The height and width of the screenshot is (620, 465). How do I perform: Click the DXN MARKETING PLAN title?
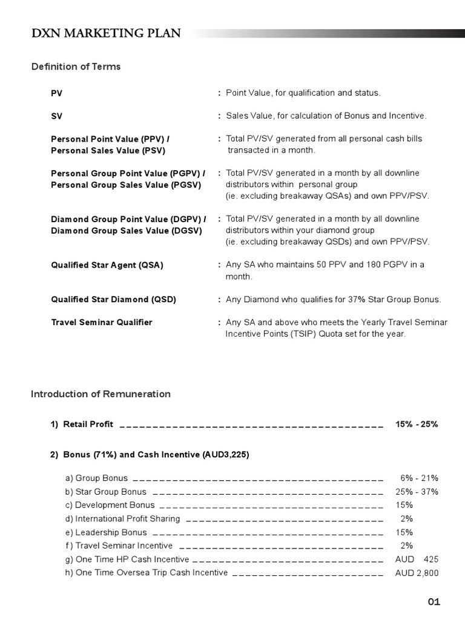coord(106,33)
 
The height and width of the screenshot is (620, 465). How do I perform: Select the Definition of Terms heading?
coord(76,67)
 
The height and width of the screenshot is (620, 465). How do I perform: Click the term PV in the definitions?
coord(56,93)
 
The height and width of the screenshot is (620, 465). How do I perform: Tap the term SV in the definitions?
coord(56,116)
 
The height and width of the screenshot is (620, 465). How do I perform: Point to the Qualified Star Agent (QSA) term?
coord(107,265)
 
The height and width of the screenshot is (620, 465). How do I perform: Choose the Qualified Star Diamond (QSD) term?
coord(113,300)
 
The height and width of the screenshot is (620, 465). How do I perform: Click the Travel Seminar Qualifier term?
coord(101,322)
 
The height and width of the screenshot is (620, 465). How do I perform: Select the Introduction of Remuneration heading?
coord(101,394)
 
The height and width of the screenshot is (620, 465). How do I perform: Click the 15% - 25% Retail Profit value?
coord(417,424)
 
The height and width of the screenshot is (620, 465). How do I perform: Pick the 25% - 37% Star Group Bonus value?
coord(417,492)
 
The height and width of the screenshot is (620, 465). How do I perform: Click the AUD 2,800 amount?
coord(417,573)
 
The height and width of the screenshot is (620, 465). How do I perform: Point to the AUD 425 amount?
coord(417,559)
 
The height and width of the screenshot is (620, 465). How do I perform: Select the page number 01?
coord(434,601)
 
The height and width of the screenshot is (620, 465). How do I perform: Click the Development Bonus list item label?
coord(110,505)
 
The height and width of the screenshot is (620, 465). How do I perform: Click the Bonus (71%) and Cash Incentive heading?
coord(150,455)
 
